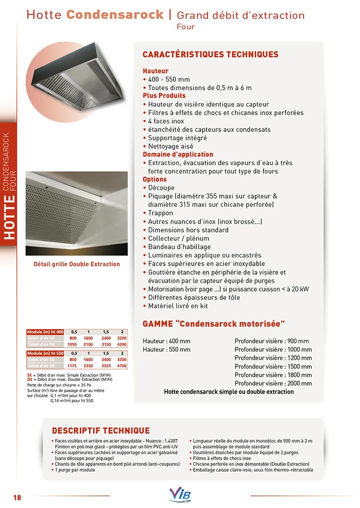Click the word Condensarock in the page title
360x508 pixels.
coord(115,15)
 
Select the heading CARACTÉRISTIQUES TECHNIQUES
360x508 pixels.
coord(210,54)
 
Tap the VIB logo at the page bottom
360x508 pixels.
coord(179,495)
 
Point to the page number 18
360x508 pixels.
coord(17,497)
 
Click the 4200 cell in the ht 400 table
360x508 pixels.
coord(122,344)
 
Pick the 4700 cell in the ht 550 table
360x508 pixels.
coord(122,365)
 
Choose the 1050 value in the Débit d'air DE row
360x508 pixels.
coord(73,344)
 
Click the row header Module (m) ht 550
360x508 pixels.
coord(45,353)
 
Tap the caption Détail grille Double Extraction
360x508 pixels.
coord(77,264)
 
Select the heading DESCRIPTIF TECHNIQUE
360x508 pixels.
coord(101,431)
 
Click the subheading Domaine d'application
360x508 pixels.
coord(178,154)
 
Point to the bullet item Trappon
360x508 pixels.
coord(160,213)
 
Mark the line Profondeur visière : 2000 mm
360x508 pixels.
coord(273,384)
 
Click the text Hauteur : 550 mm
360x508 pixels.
coord(167,350)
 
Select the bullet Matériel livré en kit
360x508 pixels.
coord(177,306)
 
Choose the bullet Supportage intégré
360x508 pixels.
coord(177,138)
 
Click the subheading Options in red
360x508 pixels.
coord(155,179)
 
